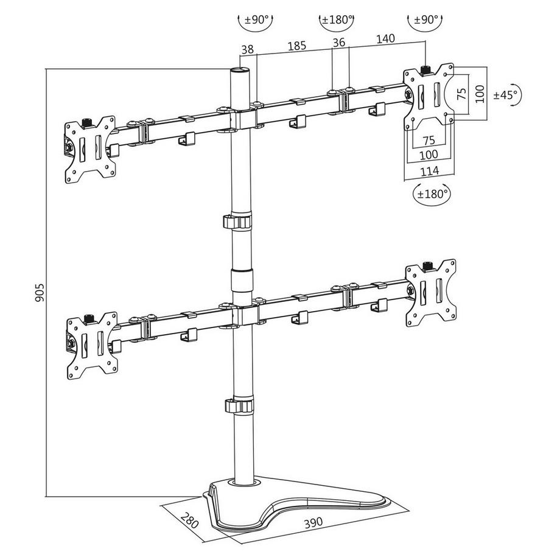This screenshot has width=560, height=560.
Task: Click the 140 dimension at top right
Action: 385,38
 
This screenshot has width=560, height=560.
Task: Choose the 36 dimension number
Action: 339,43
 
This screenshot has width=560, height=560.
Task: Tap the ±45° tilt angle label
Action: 505,95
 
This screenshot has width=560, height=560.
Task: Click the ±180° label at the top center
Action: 337,19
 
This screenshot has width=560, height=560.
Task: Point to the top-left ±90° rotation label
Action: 257,19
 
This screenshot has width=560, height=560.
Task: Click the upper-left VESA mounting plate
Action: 91,149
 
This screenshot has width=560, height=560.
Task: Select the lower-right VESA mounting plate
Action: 431,291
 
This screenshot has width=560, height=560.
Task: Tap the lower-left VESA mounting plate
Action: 91,343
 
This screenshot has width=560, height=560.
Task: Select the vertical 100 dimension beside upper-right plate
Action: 480,94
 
